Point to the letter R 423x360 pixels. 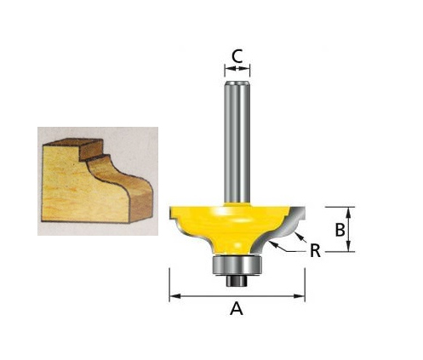pyautogui.click(x=315, y=252)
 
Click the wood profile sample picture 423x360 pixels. pyautogui.click(x=97, y=180)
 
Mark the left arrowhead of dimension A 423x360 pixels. pyautogui.click(x=173, y=296)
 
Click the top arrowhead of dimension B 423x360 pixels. pyautogui.click(x=350, y=209)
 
